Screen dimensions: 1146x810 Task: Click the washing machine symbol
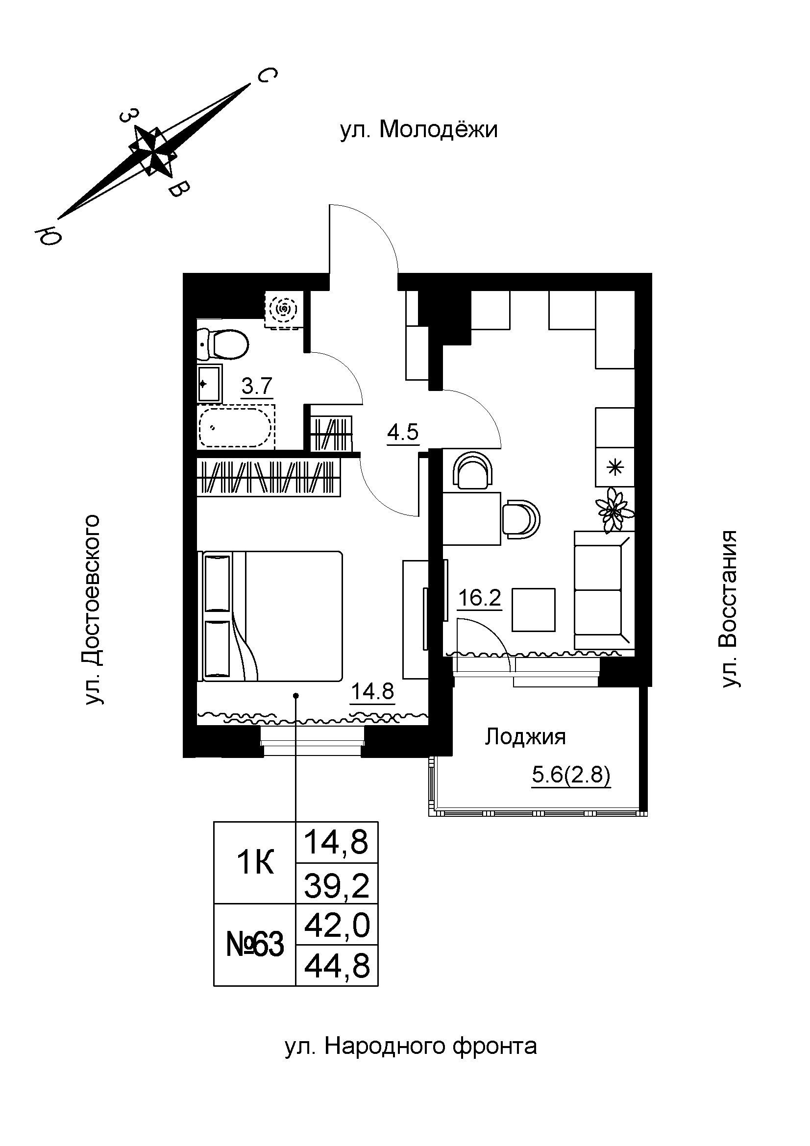pyautogui.click(x=283, y=310)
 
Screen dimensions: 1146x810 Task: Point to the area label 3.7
pyautogui.click(x=257, y=386)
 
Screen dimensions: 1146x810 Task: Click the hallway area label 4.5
pyautogui.click(x=403, y=432)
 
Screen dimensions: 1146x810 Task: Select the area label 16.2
pyautogui.click(x=479, y=598)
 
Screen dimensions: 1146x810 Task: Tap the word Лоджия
pyautogui.click(x=525, y=737)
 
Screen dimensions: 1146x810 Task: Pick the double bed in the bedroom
pyautogui.click(x=272, y=616)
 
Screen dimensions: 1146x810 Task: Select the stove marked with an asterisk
pyautogui.click(x=615, y=467)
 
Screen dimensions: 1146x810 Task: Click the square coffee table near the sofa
pyautogui.click(x=534, y=610)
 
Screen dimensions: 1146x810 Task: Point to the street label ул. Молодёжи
pyautogui.click(x=419, y=130)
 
